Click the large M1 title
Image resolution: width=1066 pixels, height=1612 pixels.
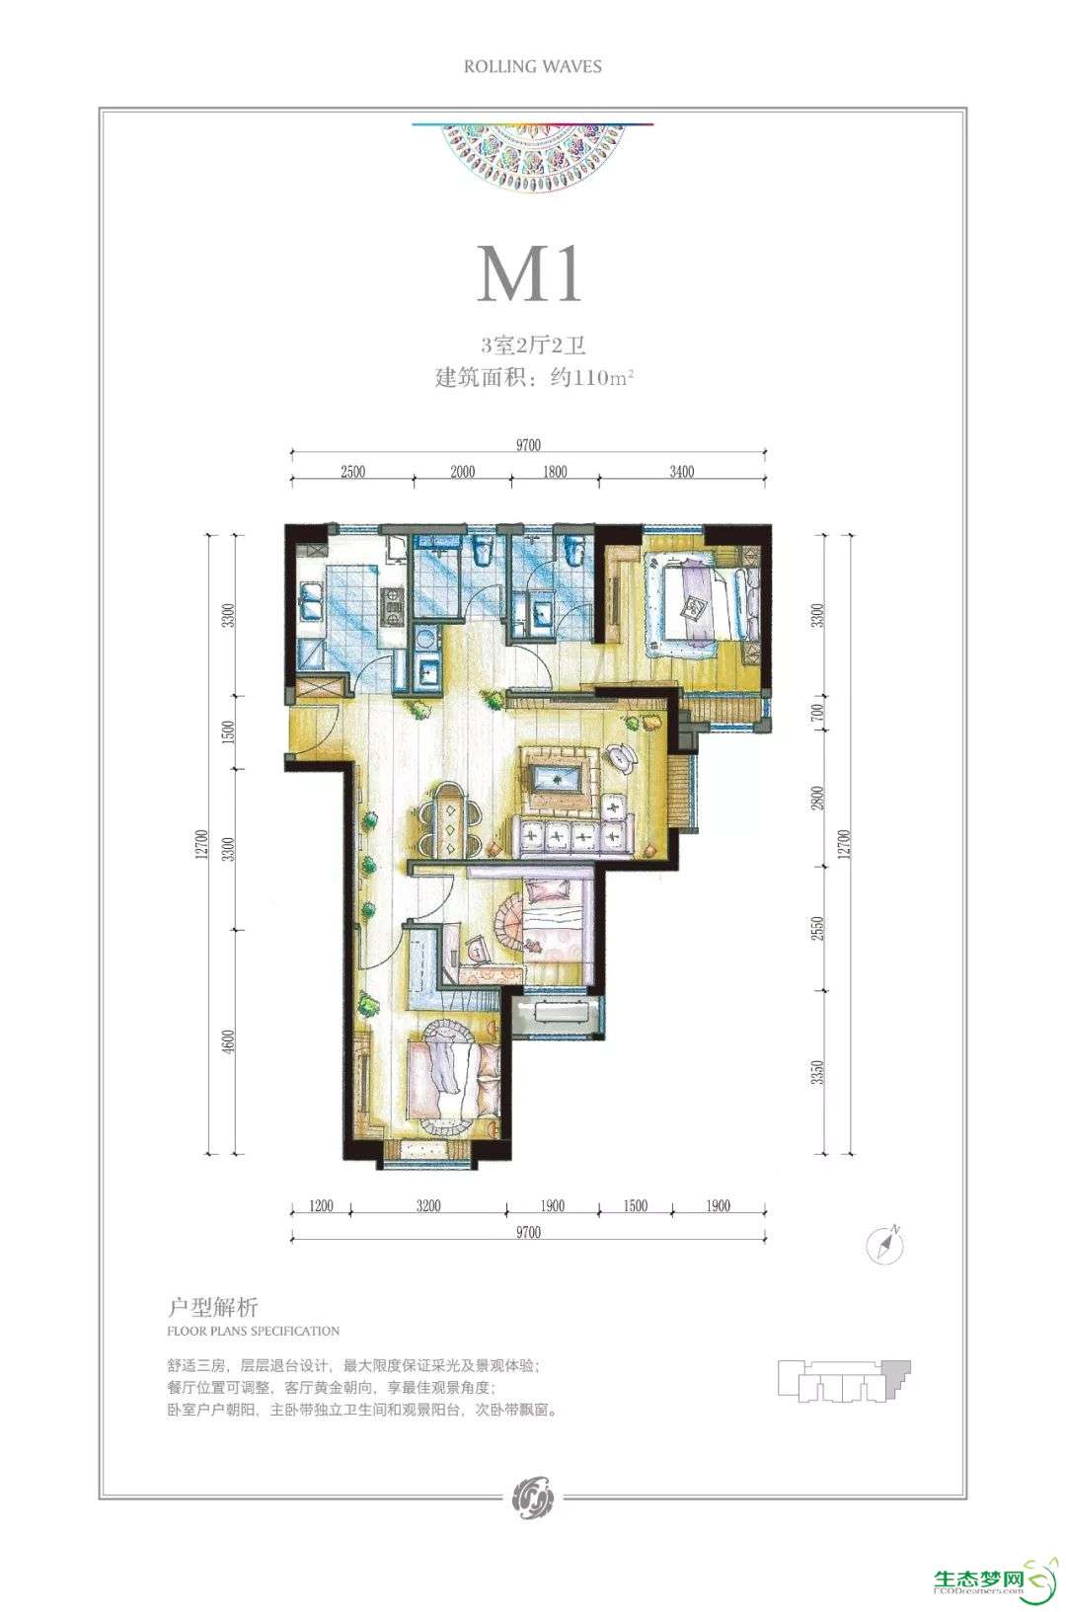pyautogui.click(x=530, y=274)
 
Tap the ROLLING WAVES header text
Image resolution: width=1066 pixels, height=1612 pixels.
pyautogui.click(x=533, y=66)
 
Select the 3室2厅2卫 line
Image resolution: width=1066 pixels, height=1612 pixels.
pyautogui.click(x=533, y=345)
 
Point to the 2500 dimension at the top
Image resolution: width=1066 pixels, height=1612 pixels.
pyautogui.click(x=352, y=472)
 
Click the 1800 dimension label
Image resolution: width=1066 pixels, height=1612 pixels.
pyautogui.click(x=555, y=472)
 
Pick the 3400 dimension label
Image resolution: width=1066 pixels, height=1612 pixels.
pyautogui.click(x=682, y=472)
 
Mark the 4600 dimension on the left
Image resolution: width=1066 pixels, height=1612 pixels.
pyautogui.click(x=228, y=1042)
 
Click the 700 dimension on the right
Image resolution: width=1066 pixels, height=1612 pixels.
pyautogui.click(x=816, y=713)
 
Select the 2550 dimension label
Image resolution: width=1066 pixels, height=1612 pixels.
pyautogui.click(x=816, y=931)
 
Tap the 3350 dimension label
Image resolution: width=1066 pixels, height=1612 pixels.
pyautogui.click(x=816, y=1072)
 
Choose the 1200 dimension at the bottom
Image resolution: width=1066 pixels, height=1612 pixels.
pyautogui.click(x=321, y=1205)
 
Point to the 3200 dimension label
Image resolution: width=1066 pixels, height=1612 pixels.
pyautogui.click(x=428, y=1205)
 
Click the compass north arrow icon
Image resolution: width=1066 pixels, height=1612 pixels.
pyautogui.click(x=885, y=1244)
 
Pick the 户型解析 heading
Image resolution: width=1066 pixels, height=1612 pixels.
pyautogui.click(x=212, y=1306)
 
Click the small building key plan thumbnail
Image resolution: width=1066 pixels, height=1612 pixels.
pyautogui.click(x=844, y=1381)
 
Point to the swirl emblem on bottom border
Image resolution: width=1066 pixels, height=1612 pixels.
pyautogui.click(x=533, y=1497)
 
